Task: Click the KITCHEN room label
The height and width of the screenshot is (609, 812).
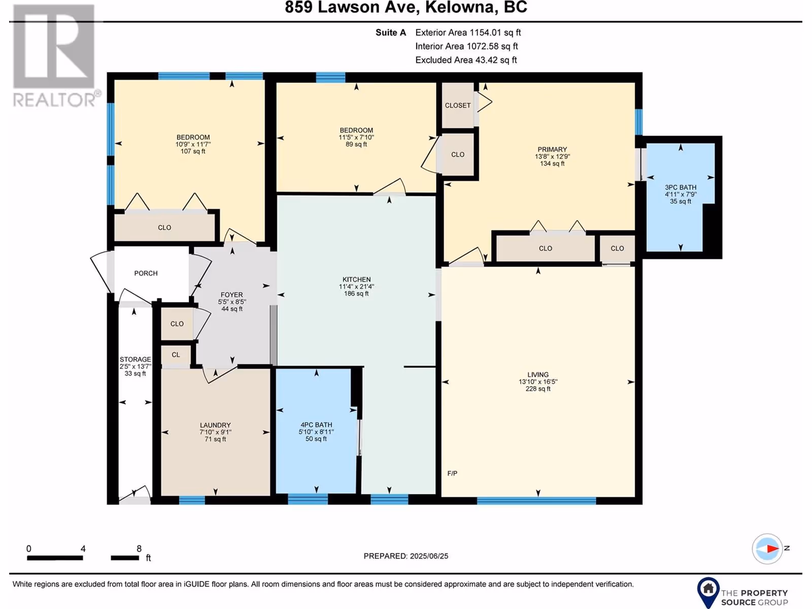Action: [x=356, y=280]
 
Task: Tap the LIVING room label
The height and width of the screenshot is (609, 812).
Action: [x=538, y=375]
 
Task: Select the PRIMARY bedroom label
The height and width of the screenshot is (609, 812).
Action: [x=552, y=149]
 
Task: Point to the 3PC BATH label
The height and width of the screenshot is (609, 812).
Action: [x=681, y=187]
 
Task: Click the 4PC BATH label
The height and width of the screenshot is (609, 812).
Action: [x=316, y=425]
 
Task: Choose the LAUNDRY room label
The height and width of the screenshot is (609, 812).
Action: [x=215, y=425]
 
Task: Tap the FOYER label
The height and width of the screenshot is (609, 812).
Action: [x=231, y=295]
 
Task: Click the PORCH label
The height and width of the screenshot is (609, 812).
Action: [x=146, y=273]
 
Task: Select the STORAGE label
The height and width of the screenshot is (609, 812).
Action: [x=135, y=359]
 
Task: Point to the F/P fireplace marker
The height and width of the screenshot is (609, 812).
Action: [x=452, y=473]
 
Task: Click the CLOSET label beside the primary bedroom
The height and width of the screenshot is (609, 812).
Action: [x=458, y=106]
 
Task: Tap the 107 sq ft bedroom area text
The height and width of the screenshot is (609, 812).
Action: [x=193, y=151]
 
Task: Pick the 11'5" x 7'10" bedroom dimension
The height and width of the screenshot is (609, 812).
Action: [x=356, y=137]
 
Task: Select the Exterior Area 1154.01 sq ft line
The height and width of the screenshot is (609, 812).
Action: [x=468, y=32]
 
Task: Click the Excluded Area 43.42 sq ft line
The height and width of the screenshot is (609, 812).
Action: [x=466, y=60]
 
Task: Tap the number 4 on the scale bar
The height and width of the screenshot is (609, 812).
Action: [x=83, y=549]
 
